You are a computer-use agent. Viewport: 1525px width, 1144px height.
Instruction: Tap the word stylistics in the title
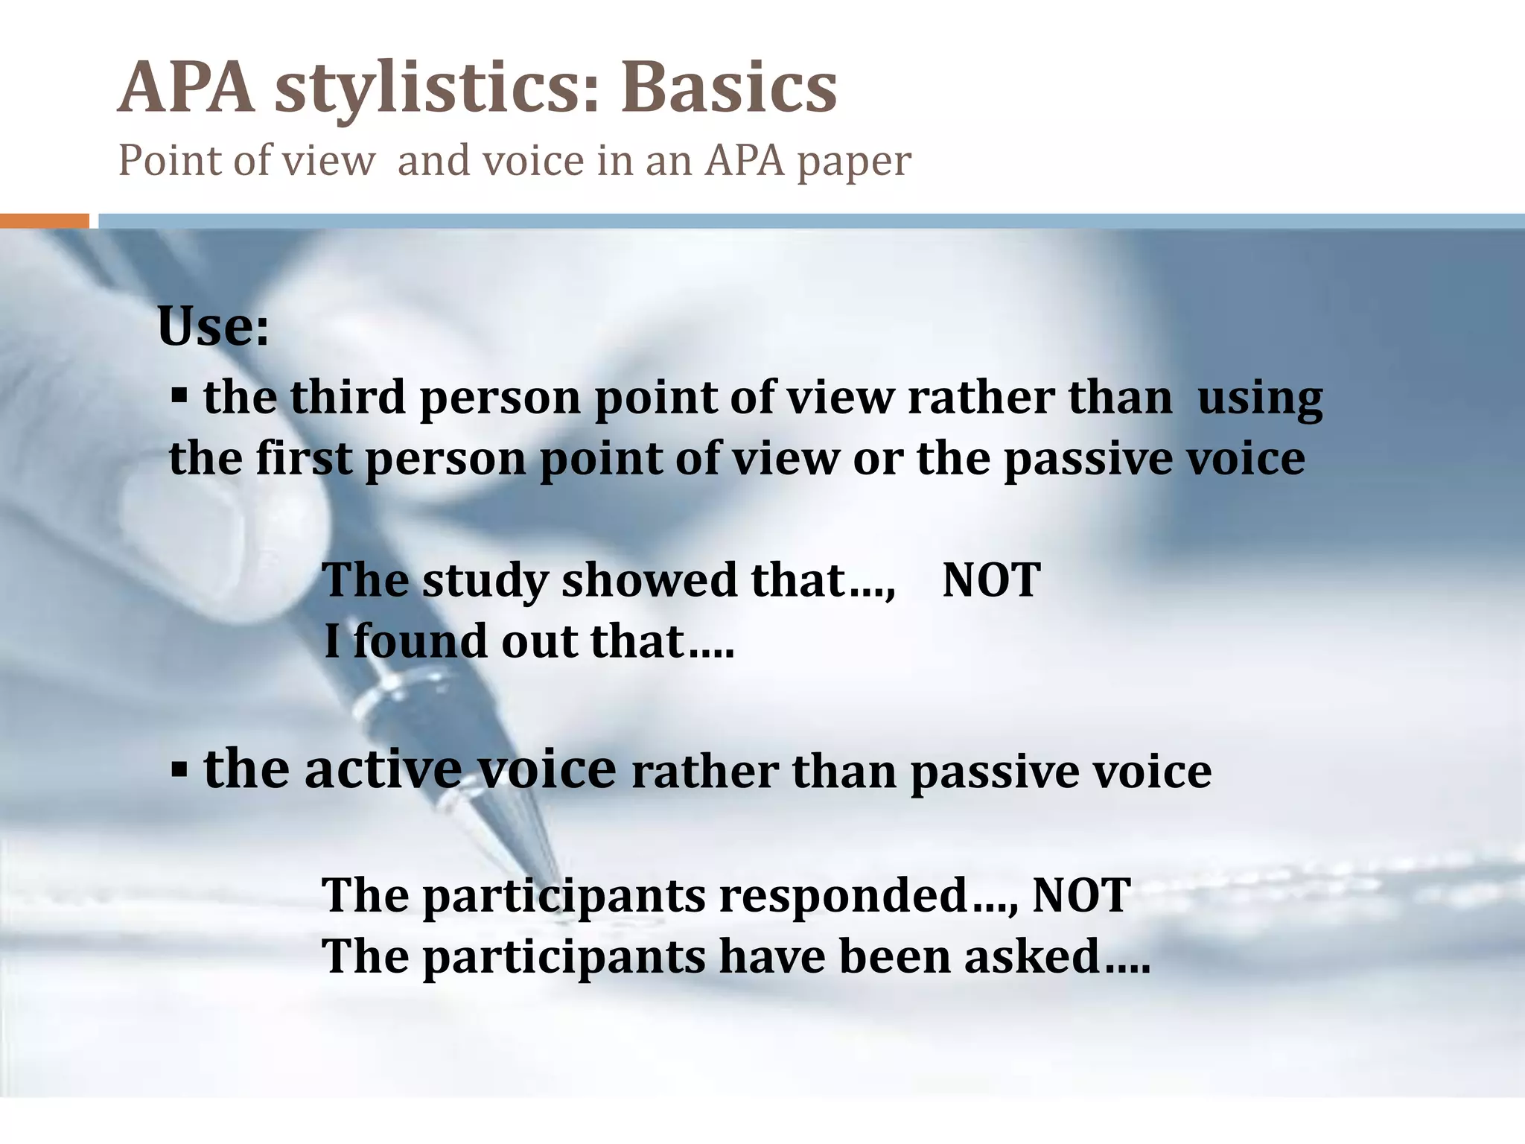(436, 89)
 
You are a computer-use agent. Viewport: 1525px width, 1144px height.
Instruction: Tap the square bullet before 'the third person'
(179, 393)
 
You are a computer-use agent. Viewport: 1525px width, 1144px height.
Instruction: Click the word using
(1260, 398)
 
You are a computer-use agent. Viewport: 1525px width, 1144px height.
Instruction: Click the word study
(485, 581)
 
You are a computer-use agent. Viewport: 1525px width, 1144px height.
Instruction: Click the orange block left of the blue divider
(45, 220)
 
